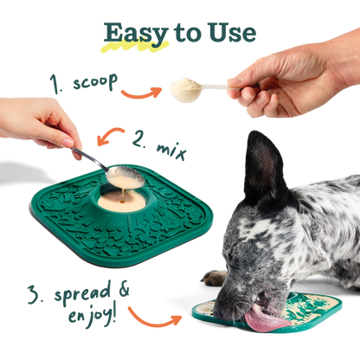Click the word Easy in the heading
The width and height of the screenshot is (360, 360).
point(130,32)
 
